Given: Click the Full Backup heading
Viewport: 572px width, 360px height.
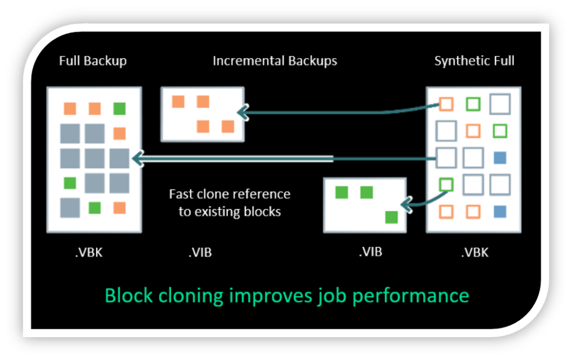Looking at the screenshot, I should click(93, 60).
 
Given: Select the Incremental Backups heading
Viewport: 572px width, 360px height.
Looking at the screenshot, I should click(275, 60).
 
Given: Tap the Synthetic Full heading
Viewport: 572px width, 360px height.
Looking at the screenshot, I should click(474, 60).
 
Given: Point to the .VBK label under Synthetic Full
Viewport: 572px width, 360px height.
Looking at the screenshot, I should click(474, 252).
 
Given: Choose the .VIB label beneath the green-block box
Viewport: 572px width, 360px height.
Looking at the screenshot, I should click(370, 252).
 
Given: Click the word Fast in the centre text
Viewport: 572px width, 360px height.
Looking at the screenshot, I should click(182, 195).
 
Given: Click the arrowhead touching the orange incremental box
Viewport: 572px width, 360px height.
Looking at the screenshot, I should click(242, 113).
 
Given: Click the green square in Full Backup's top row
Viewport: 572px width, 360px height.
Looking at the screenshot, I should click(119, 108).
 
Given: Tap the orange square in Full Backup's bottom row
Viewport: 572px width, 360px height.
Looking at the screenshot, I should click(119, 207).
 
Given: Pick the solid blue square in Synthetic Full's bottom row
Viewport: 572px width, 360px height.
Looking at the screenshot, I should click(500, 212).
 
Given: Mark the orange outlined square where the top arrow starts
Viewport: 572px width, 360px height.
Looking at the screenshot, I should click(446, 104).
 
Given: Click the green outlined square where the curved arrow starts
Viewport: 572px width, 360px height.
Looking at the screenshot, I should click(446, 183).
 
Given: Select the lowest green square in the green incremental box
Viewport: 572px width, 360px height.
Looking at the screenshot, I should click(392, 217).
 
